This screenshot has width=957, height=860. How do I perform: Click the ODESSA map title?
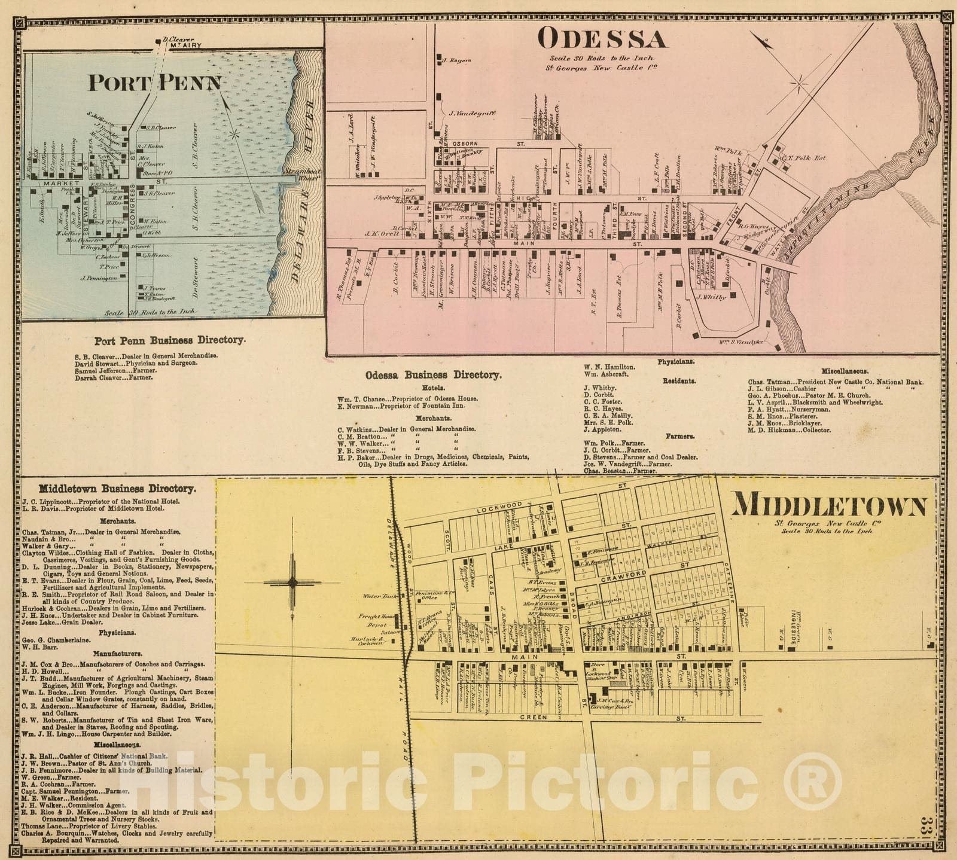tap(602, 39)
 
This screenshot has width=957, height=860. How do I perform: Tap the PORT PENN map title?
tap(155, 83)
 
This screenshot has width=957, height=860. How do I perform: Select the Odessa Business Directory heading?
tap(434, 375)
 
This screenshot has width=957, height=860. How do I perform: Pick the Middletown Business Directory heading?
tap(117, 489)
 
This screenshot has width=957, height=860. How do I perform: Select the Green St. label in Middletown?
tap(534, 717)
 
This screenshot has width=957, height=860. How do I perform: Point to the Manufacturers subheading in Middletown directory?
tap(117, 654)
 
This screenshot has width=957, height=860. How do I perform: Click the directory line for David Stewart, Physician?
tap(136, 363)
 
